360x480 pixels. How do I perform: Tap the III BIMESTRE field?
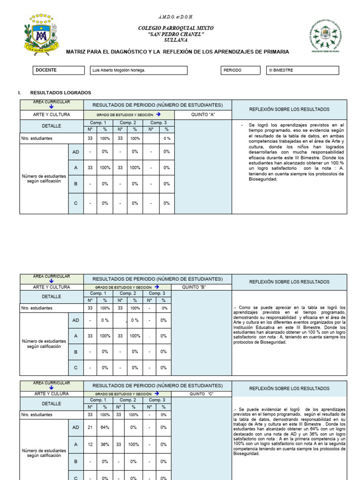pyautogui.click(x=302, y=70)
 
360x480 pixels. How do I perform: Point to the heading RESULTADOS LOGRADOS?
pyautogui.click(x=60, y=93)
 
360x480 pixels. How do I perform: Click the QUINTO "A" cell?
pyautogui.click(x=203, y=114)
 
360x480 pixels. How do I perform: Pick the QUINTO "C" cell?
pyautogui.click(x=202, y=394)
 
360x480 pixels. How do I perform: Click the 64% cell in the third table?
pyautogui.click(x=105, y=427)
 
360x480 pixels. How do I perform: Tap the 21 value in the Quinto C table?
pyautogui.click(x=90, y=427)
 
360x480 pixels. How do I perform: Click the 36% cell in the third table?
pyautogui.click(x=105, y=444)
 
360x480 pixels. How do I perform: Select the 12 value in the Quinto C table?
pyautogui.click(x=90, y=444)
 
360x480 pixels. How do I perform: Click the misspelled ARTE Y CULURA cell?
pyautogui.click(x=52, y=394)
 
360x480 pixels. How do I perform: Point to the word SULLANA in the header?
pyautogui.click(x=176, y=40)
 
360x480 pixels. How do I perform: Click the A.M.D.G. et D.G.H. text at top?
pyautogui.click(x=176, y=16)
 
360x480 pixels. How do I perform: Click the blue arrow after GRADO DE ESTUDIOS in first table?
pyautogui.click(x=158, y=114)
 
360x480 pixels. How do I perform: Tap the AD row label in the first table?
pyautogui.click(x=76, y=152)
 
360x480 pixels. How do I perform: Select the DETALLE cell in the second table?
pyautogui.click(x=52, y=297)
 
